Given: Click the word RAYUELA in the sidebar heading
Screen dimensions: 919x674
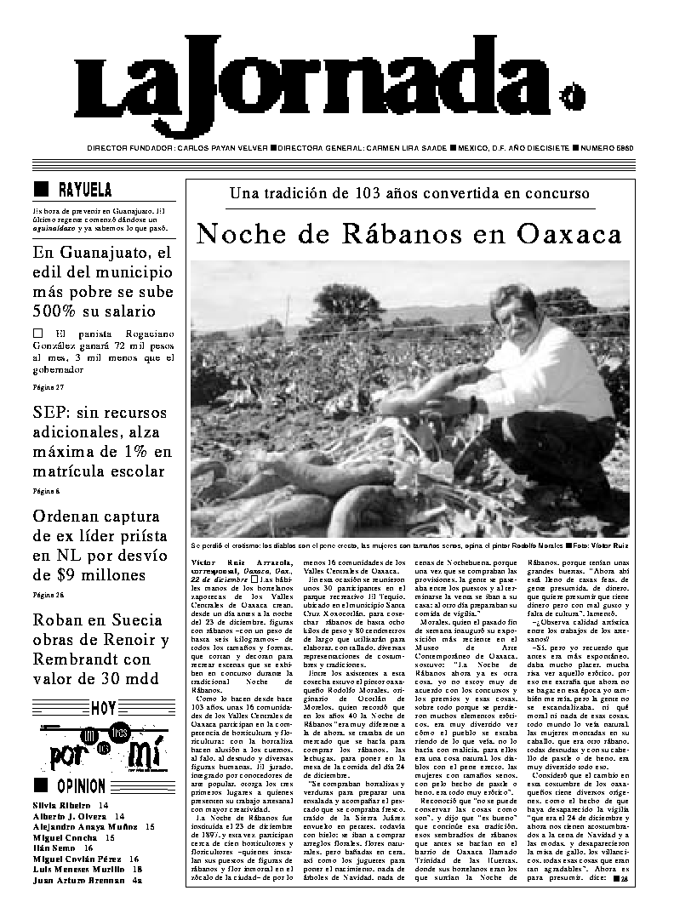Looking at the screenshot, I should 85,190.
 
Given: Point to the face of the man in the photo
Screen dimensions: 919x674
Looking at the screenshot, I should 513,313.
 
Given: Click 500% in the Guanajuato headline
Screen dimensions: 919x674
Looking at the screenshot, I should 59,311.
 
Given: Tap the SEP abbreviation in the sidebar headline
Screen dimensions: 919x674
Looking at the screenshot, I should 51,413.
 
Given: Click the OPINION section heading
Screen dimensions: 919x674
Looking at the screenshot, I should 82,786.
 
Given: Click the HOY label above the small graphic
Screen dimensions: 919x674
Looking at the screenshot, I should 103,707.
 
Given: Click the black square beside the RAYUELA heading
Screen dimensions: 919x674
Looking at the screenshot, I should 39,189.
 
